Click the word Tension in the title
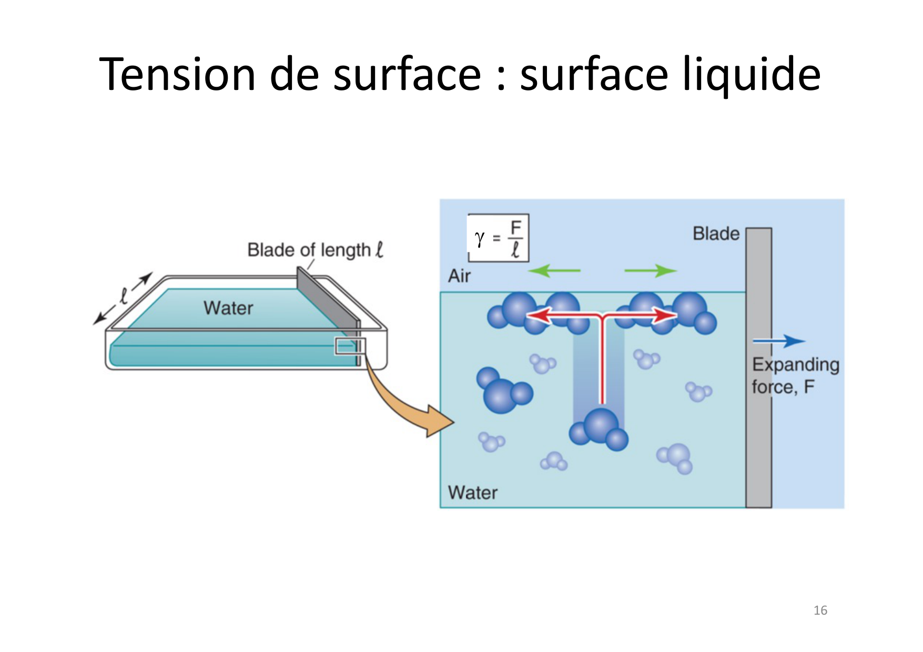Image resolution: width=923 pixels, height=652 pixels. coord(177,74)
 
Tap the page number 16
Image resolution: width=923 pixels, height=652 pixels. coord(820,610)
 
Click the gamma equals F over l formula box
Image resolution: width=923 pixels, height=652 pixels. coord(499,238)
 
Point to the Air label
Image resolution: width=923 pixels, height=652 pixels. coord(459,276)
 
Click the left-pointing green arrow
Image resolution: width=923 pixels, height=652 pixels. coord(554,271)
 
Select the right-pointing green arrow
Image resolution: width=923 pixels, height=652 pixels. coord(650,271)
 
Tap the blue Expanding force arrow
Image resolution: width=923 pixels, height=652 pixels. coord(779,341)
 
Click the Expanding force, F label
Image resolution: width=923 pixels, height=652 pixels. coord(794,375)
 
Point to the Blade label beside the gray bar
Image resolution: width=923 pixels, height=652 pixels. coord(716,233)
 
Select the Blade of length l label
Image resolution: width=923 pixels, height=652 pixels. coord(315,250)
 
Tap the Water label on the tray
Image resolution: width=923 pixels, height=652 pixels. coord(228,308)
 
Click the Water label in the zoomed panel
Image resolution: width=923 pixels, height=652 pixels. coord(472,493)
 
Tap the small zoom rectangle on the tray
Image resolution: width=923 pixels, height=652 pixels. coord(350,347)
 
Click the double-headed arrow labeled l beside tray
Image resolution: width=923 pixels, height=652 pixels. coord(123,298)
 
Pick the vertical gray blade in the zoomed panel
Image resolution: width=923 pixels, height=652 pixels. coord(758,368)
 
